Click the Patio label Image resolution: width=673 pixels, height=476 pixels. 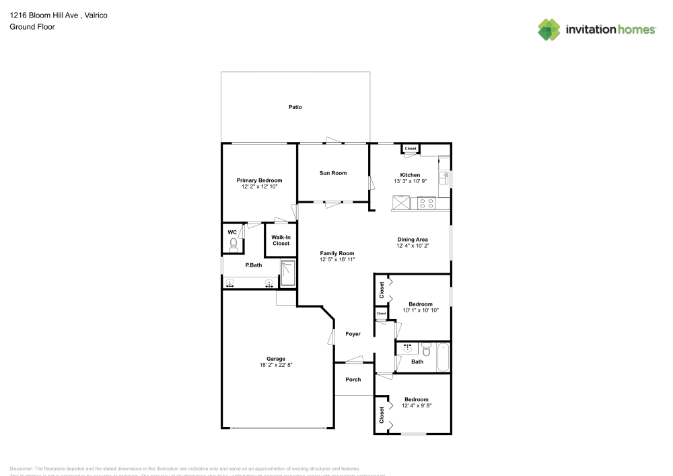pyautogui.click(x=295, y=107)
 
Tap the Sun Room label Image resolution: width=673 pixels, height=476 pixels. pyautogui.click(x=332, y=173)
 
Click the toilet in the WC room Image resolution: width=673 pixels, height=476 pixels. pyautogui.click(x=234, y=246)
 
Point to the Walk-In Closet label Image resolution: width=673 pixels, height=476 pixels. pyautogui.click(x=281, y=240)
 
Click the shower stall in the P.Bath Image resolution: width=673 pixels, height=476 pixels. pyautogui.click(x=287, y=273)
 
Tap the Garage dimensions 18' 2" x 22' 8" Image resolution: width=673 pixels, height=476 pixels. pyautogui.click(x=275, y=365)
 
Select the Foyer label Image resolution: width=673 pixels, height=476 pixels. pyautogui.click(x=353, y=334)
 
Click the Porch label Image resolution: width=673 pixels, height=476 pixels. pyautogui.click(x=353, y=380)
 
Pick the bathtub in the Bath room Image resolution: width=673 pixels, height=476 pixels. pyautogui.click(x=443, y=357)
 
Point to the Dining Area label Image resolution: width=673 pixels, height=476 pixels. pyautogui.click(x=412, y=240)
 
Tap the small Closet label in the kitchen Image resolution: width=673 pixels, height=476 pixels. pyautogui.click(x=410, y=148)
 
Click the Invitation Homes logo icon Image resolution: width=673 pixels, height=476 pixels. pyautogui.click(x=549, y=29)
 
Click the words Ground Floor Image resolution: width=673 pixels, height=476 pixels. pyautogui.click(x=32, y=27)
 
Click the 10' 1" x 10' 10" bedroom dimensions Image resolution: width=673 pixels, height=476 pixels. pyautogui.click(x=421, y=310)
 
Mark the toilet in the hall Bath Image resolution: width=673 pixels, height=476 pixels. pyautogui.click(x=425, y=349)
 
